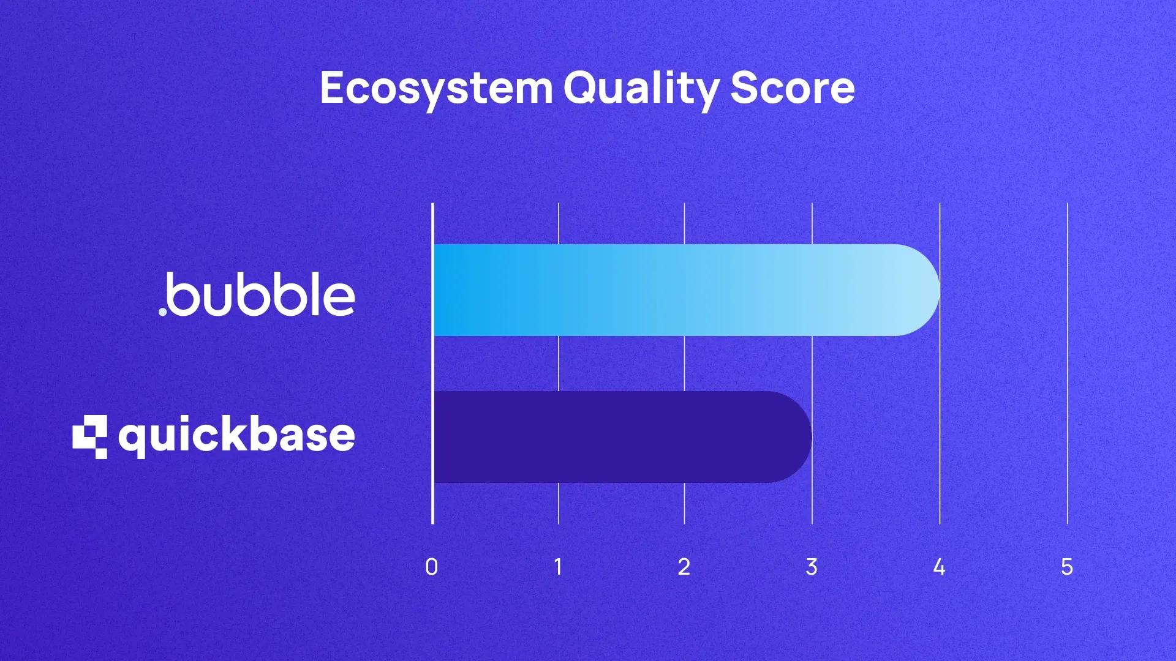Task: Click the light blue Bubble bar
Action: (674, 290)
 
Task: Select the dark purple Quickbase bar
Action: (612, 437)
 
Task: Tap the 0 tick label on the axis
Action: (432, 567)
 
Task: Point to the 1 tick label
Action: (558, 567)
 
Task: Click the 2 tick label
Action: (684, 567)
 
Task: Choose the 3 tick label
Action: (812, 567)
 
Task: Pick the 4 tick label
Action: (939, 567)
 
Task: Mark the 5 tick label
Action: (1067, 567)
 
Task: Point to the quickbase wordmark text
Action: (236, 436)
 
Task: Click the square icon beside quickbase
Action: (90, 436)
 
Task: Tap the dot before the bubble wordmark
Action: (163, 312)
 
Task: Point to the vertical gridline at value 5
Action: (1068, 367)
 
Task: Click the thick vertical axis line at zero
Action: (432, 367)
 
